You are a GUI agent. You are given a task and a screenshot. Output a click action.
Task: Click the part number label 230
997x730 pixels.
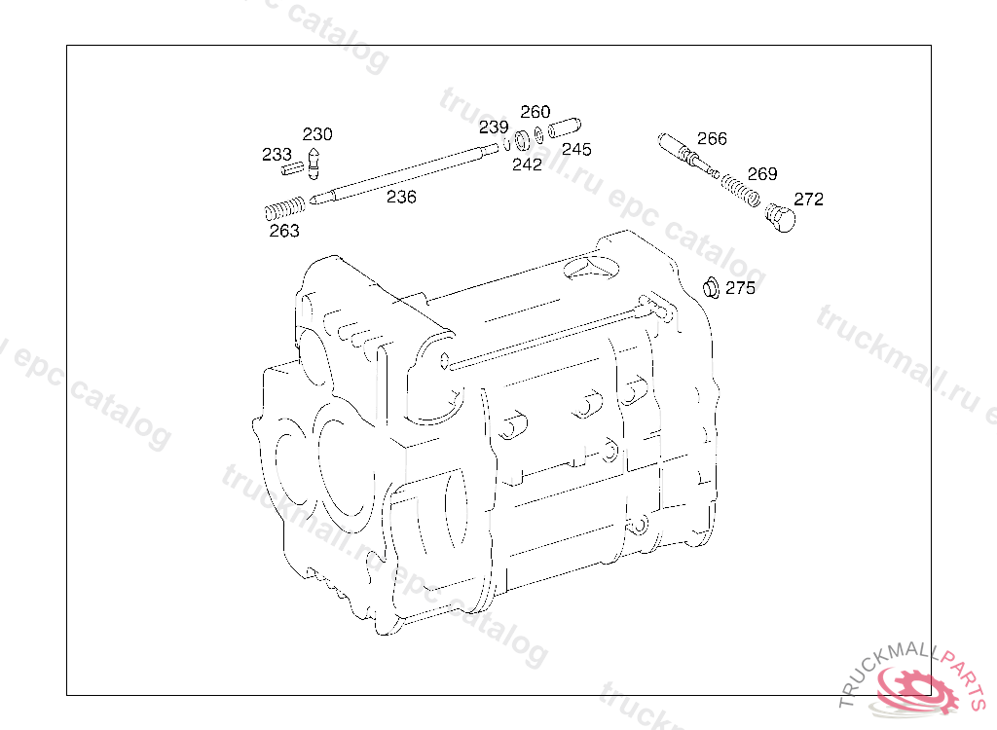(317, 134)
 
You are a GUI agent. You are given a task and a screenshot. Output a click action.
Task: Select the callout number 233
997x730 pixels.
(277, 154)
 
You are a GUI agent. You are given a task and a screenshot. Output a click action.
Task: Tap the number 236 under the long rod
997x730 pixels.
(401, 198)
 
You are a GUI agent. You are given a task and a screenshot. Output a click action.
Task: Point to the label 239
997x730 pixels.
(494, 128)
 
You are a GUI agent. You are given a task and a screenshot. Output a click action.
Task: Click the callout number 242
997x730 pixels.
(527, 164)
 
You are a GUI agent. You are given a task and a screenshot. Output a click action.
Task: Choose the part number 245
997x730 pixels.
(576, 149)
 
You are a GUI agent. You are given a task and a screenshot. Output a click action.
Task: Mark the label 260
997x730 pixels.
(535, 112)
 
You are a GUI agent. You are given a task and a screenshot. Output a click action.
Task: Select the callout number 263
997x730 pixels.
(284, 231)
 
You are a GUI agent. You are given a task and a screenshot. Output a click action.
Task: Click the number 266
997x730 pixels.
(712, 138)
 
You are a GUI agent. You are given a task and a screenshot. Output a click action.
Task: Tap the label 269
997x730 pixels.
(762, 173)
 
